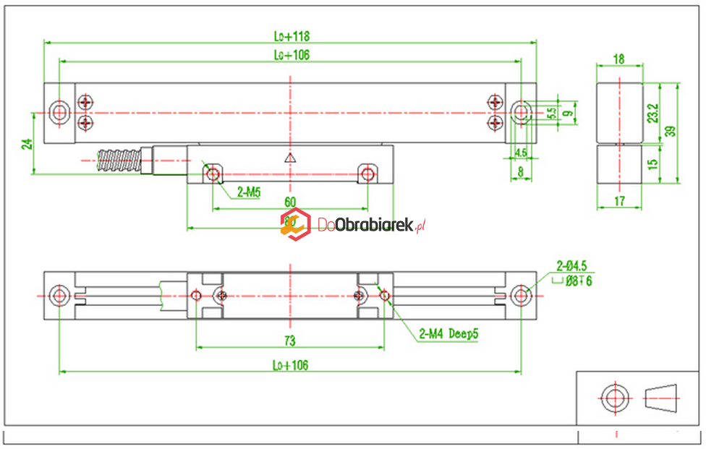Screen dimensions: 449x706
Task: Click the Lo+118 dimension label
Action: (292, 35)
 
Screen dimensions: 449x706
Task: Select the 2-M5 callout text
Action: (248, 193)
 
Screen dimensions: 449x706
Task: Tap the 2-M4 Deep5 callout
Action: (448, 334)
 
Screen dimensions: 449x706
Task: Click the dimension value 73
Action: (289, 341)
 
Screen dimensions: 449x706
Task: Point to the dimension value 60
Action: (289, 201)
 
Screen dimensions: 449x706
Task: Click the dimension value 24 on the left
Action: (27, 143)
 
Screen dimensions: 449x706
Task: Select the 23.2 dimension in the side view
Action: (652, 112)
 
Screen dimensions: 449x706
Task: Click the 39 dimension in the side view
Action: (670, 131)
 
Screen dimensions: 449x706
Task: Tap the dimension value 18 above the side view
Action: (618, 59)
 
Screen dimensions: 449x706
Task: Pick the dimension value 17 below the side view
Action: (619, 202)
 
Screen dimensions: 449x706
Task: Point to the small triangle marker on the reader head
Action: (289, 158)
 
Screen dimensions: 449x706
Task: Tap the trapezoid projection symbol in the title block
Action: (661, 397)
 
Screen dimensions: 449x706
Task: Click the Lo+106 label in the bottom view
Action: (291, 365)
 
